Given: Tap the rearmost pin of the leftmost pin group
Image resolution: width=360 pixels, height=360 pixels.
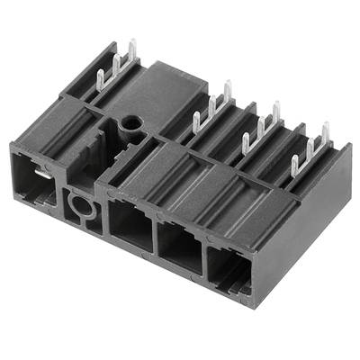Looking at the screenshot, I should coord(131,52).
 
